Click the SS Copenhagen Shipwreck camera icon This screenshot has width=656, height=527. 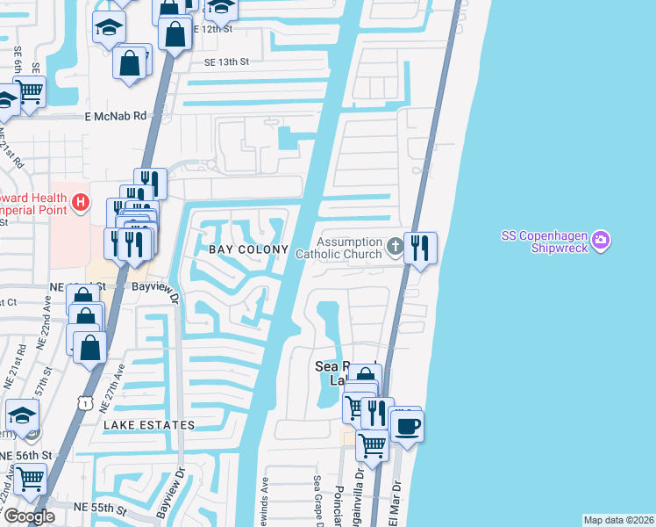click(x=601, y=240)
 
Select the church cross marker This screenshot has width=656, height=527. click(x=396, y=247)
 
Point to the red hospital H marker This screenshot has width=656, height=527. click(x=82, y=203)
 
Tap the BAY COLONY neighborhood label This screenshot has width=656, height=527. click(x=247, y=249)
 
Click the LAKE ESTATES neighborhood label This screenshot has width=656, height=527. click(x=149, y=425)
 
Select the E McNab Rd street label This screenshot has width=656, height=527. click(x=115, y=116)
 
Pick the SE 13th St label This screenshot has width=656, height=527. click(x=227, y=61)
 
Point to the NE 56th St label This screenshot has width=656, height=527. click(x=26, y=455)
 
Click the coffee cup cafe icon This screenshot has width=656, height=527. click(x=406, y=427)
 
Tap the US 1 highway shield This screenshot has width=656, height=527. click(x=85, y=401)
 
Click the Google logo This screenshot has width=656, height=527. click(x=29, y=516)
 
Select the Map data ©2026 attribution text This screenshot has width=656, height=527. click(x=618, y=520)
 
